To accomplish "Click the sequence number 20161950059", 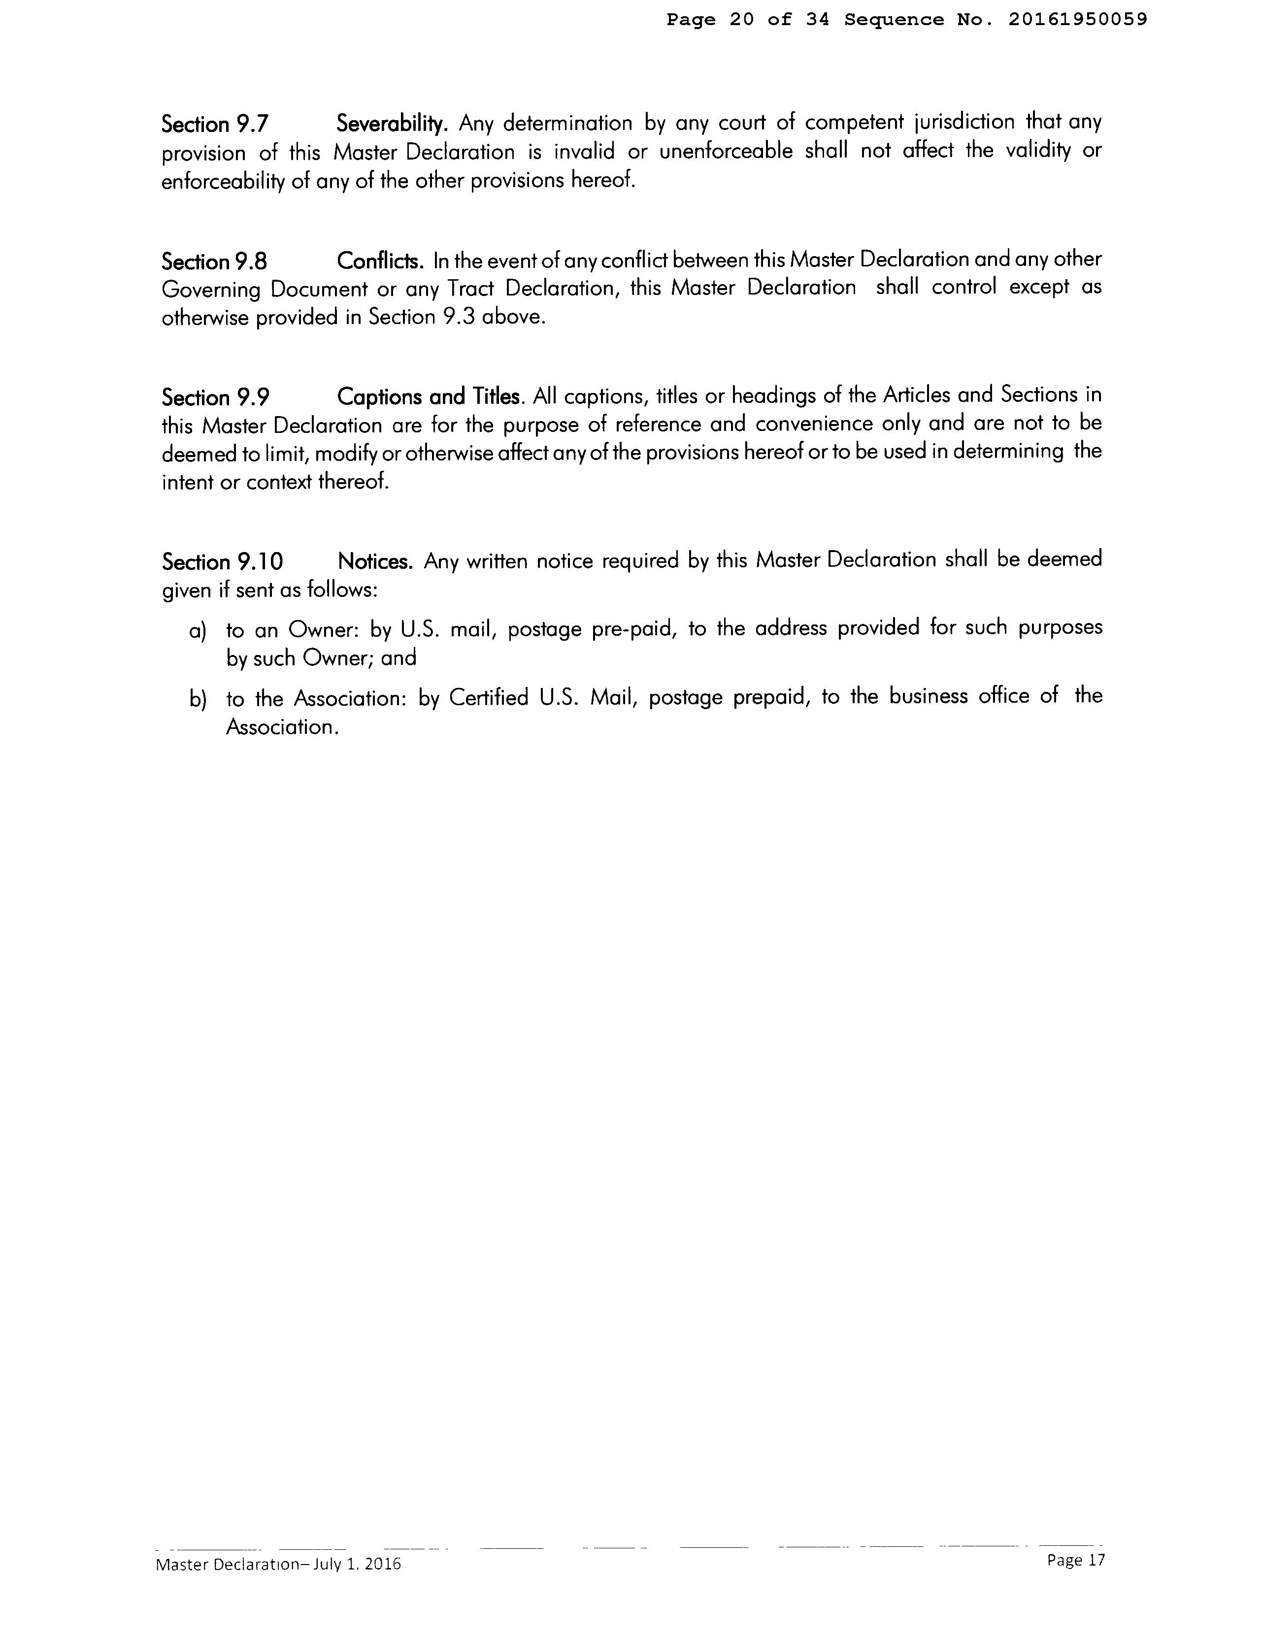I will click(x=1076, y=20).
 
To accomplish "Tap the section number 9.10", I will click(x=259, y=562).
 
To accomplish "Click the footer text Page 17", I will click(x=1076, y=1560).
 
